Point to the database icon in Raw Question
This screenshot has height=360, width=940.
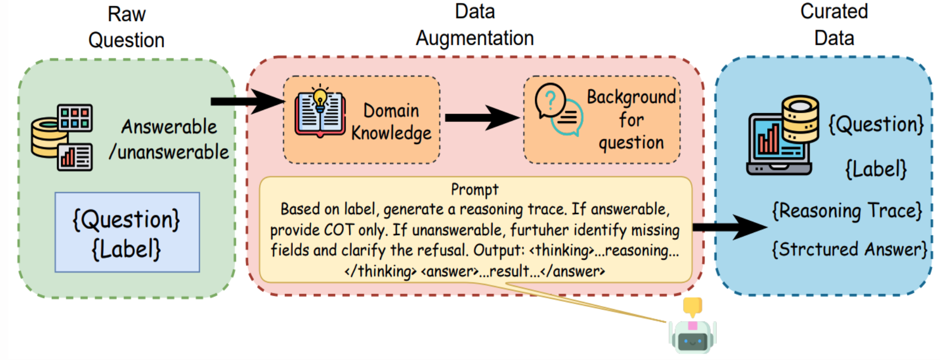point(62,137)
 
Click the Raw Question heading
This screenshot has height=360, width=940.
point(126,27)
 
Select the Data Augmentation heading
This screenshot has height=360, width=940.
point(475,25)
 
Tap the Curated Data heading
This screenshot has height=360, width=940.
point(834,25)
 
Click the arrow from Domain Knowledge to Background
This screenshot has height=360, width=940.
point(481,118)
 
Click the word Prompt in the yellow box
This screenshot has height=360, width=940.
point(475,189)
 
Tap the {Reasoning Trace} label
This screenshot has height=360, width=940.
point(847,211)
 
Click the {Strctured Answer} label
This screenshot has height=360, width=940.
point(849,249)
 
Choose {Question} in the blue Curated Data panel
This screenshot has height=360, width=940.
point(876,124)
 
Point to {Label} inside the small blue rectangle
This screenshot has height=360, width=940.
point(126,249)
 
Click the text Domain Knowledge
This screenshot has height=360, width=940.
point(391,122)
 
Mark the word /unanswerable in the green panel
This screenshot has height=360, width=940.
point(169,152)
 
